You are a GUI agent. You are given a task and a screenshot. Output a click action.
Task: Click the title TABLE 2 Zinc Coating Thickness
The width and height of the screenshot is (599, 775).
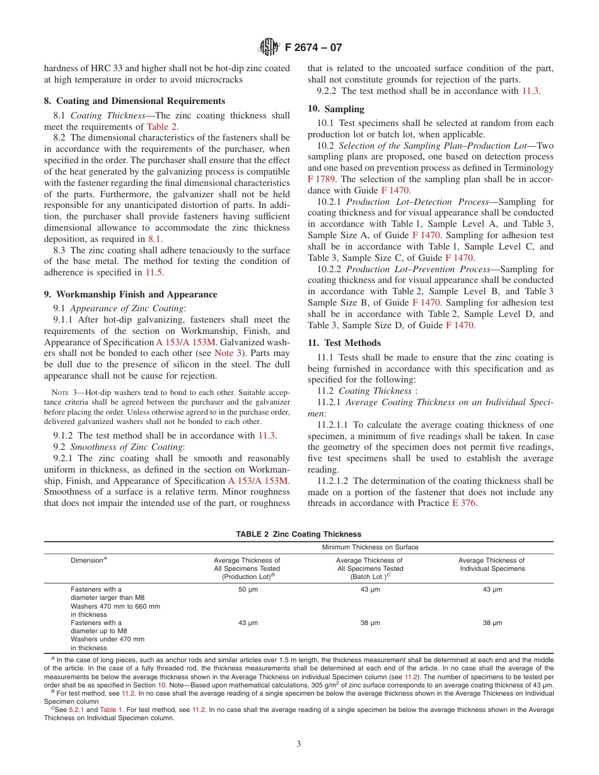click(298, 534)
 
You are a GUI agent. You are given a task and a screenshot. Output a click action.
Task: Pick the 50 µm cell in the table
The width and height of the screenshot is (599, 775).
click(247, 590)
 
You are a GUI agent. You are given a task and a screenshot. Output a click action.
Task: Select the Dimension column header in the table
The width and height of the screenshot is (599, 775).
click(88, 560)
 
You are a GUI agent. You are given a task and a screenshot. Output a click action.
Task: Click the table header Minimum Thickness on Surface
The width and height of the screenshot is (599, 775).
click(370, 548)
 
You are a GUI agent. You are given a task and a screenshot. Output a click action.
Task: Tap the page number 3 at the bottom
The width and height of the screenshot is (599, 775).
click(299, 743)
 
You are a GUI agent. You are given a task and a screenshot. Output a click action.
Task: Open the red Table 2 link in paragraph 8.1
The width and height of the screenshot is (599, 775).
click(162, 127)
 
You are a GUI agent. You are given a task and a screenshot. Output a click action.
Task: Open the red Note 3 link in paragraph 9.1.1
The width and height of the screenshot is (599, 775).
click(225, 353)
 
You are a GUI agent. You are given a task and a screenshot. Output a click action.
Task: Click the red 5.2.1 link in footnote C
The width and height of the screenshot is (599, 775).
click(77, 709)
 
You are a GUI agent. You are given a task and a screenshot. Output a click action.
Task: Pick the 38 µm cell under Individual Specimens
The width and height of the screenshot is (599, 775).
click(492, 623)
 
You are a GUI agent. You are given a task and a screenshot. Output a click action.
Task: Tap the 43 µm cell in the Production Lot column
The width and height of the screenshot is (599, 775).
click(247, 623)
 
